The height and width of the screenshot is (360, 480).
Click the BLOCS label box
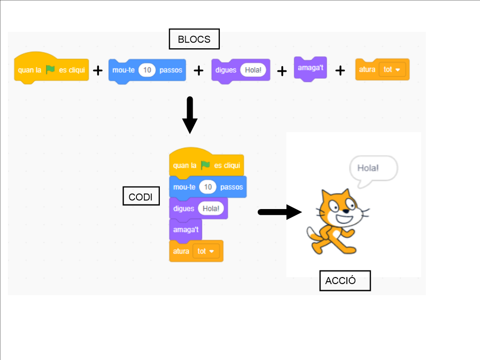194,39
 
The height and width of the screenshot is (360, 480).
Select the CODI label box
141,196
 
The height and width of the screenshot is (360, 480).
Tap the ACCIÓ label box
345,280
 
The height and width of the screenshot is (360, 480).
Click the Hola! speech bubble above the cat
373,170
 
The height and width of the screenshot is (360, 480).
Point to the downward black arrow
190,115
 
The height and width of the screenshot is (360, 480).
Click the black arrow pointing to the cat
280,212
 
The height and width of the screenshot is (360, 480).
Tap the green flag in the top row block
50,69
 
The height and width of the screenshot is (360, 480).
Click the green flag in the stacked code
205,165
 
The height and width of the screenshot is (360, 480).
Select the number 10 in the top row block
147,70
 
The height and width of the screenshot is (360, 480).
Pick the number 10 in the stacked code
208,187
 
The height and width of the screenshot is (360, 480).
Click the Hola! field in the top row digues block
253,70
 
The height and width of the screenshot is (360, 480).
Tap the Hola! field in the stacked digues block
210,209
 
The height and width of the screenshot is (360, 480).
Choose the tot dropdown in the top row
392,69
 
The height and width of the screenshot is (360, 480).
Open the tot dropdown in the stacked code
206,251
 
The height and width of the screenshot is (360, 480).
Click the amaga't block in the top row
310,68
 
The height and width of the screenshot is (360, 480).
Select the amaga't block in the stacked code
186,230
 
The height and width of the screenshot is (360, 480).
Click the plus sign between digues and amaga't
282,71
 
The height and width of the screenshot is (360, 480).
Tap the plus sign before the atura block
340,71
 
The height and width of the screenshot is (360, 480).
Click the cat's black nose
345,211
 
